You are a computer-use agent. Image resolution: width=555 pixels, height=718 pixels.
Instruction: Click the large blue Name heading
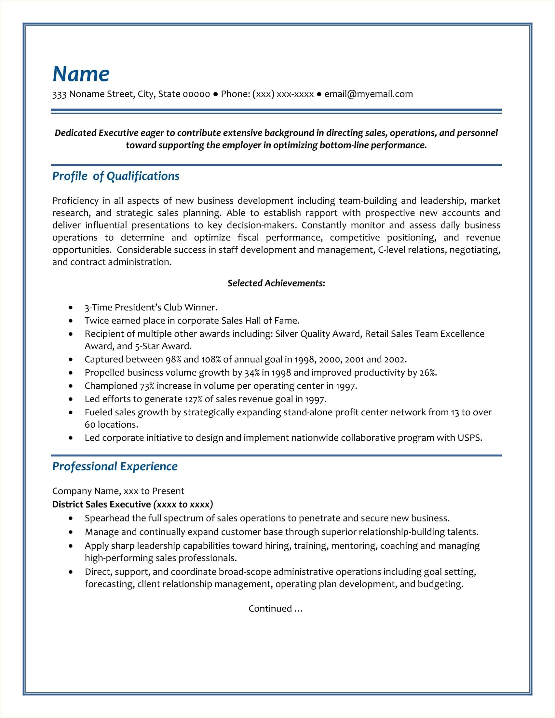[x=81, y=74]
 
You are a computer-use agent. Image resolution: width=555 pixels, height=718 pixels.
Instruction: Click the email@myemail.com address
[x=368, y=94]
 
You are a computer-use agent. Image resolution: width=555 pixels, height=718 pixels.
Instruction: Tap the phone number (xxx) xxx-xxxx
[x=283, y=94]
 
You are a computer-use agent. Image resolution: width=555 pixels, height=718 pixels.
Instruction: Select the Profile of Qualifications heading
[x=116, y=176]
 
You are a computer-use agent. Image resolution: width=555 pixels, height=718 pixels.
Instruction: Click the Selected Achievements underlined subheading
[x=276, y=283]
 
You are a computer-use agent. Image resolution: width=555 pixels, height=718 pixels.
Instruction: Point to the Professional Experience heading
[x=115, y=466]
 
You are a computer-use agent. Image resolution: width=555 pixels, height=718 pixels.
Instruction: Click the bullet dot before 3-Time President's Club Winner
[x=71, y=307]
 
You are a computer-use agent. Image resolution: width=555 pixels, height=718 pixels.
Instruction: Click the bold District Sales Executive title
[x=101, y=504]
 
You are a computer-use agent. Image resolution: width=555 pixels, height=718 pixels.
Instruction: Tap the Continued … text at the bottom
[x=275, y=609]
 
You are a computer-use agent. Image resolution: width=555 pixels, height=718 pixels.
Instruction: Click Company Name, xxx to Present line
[x=118, y=491]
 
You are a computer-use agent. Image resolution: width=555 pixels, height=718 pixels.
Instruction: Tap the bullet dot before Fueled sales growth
[x=71, y=412]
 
